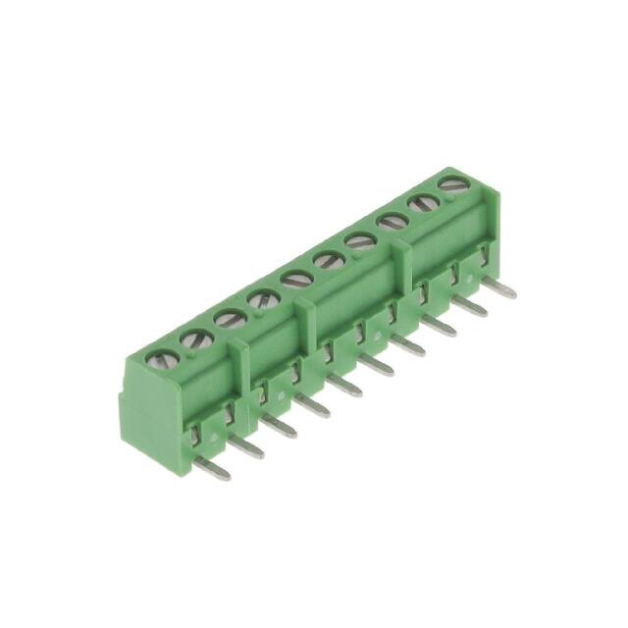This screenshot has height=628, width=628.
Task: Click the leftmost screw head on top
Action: [x=157, y=360]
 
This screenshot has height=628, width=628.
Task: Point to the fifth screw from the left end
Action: [x=296, y=279]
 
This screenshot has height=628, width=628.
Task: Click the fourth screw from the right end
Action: [x=329, y=260]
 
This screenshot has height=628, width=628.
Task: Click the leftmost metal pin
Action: [x=212, y=468]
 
